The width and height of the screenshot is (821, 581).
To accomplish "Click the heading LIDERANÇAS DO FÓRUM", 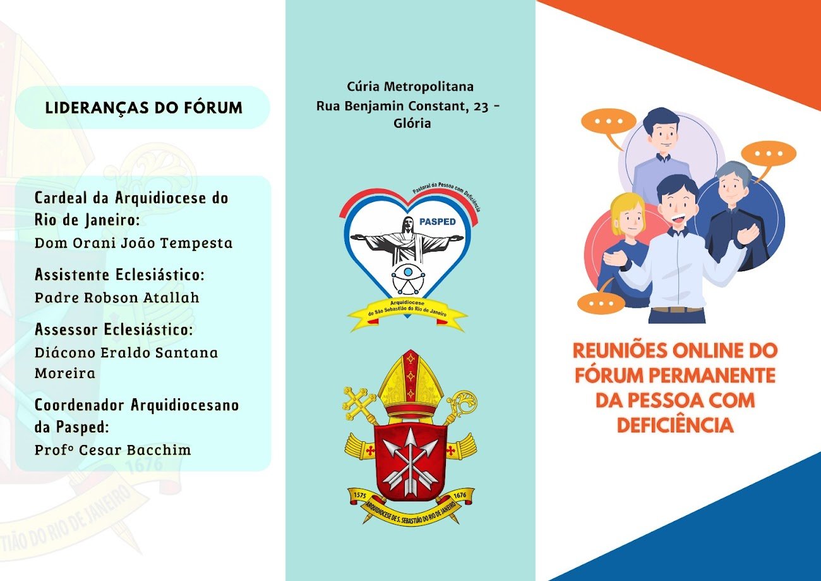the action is pos(144,108).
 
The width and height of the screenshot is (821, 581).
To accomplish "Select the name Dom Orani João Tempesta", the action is pos(134,243).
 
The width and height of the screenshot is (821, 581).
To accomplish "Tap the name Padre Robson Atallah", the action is pos(117,298).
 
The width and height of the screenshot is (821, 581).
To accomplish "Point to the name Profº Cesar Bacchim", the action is pos(113,450).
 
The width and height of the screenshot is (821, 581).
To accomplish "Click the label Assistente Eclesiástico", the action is pos(119,275).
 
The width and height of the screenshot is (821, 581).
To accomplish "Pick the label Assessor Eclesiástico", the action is pos(114,329).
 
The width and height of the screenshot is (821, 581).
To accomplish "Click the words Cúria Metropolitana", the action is pos(410,87).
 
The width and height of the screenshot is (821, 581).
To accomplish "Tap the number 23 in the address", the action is pos(481,106).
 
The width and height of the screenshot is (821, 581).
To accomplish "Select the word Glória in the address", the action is pos(412,123).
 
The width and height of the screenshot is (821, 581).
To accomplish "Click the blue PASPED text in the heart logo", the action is pos(437,221).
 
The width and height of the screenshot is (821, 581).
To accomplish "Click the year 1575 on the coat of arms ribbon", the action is pos(359,495).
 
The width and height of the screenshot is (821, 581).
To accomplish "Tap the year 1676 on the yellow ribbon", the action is pos(460,495).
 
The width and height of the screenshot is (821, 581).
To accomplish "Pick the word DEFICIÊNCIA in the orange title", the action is pos(675,425).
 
